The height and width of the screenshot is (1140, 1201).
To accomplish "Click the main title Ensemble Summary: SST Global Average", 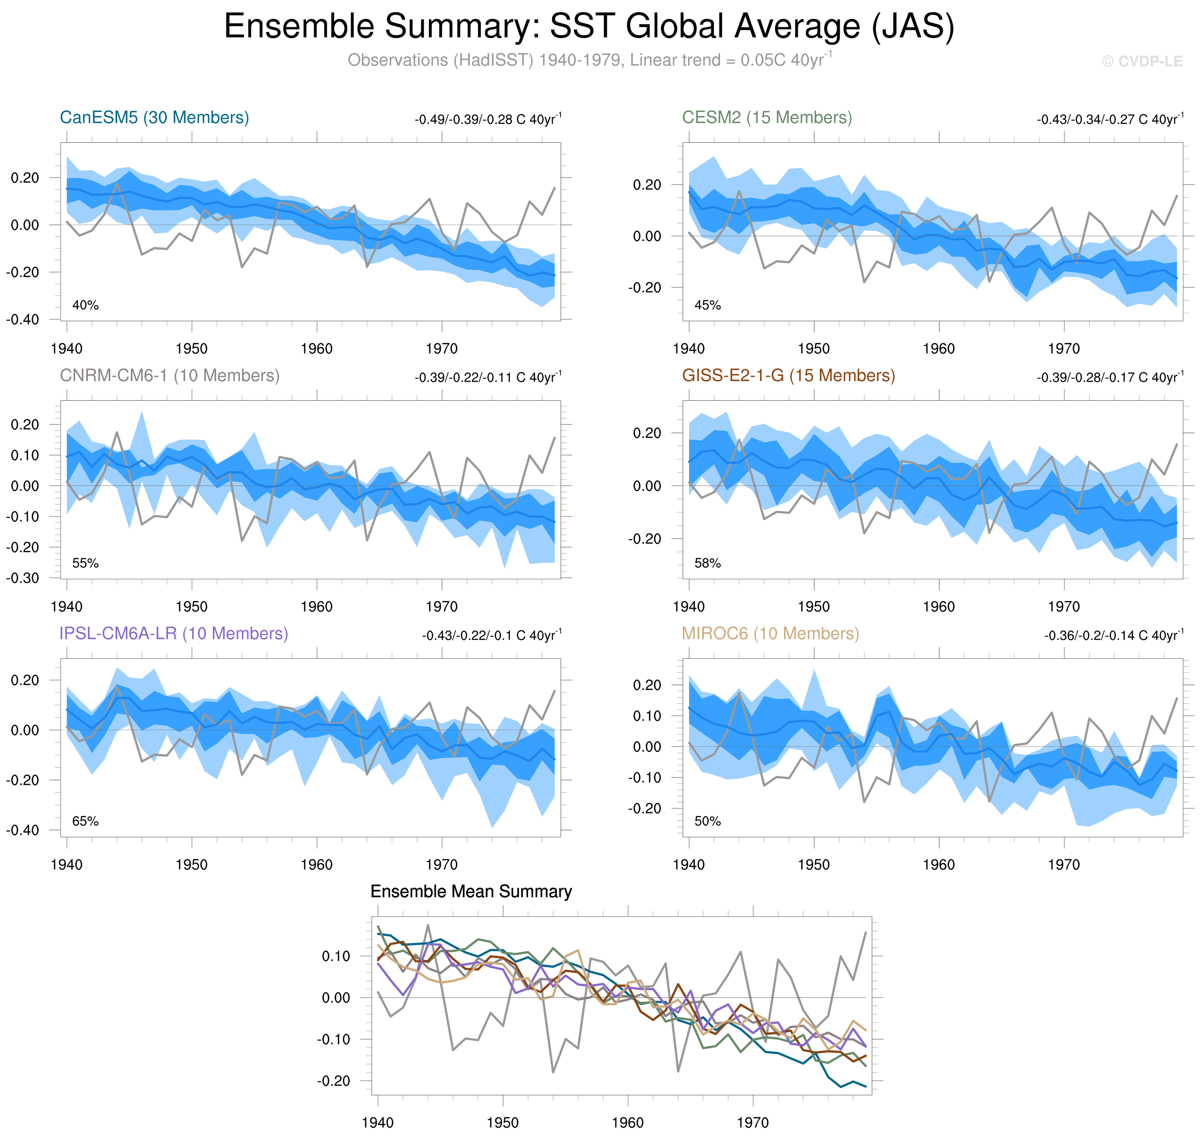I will [x=589, y=27].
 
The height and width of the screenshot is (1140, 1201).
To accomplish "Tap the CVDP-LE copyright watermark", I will [x=1142, y=62].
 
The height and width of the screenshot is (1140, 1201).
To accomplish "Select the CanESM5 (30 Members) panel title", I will [x=155, y=117].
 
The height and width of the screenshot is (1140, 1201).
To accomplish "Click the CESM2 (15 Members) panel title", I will [x=767, y=117].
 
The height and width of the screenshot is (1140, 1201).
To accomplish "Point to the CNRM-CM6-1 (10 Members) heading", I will [x=170, y=375].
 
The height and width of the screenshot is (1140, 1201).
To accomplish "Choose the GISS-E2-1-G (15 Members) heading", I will [x=788, y=375].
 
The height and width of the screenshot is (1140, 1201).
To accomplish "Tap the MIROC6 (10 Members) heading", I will [x=770, y=633].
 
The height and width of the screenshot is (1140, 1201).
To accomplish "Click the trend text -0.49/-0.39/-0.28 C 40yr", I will [x=488, y=119].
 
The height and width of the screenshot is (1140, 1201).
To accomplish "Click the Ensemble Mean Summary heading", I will [x=471, y=891].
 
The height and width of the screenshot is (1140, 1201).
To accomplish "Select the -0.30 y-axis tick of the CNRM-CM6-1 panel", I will [x=22, y=578].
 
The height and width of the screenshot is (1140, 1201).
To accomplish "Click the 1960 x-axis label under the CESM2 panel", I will [x=938, y=349].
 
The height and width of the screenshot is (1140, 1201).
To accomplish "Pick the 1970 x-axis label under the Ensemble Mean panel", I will [x=753, y=1122].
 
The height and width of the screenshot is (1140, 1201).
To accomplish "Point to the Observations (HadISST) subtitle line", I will [x=589, y=60].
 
